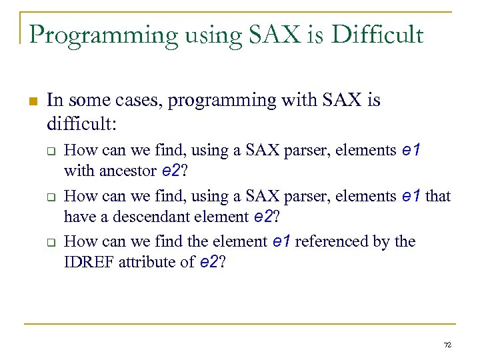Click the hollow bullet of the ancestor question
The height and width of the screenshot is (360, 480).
[x=51, y=151]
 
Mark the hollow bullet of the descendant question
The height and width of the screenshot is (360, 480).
[x=51, y=197]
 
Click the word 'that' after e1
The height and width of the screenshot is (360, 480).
[x=438, y=196]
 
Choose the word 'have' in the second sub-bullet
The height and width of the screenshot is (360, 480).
[x=78, y=217]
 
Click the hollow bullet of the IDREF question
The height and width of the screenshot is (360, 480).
[x=51, y=242]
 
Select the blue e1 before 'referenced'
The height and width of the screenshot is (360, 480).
[x=281, y=241]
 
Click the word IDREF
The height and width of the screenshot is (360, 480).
[x=89, y=262]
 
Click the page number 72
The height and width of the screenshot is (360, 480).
[x=447, y=345]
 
